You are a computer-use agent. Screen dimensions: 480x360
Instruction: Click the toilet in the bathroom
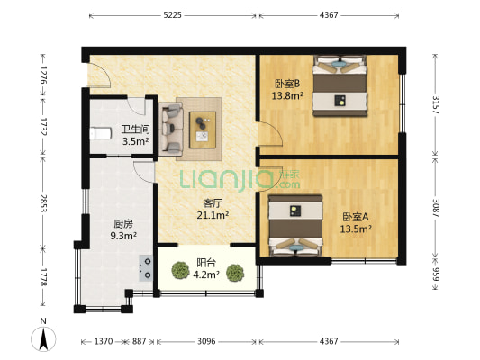100,134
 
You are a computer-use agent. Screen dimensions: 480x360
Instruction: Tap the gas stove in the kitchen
146,268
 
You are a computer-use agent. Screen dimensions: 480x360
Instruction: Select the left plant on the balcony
180,270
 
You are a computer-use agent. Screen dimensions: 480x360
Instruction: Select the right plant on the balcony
235,273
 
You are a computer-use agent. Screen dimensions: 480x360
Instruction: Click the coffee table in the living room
203,130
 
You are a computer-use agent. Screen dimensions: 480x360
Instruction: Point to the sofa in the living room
171,130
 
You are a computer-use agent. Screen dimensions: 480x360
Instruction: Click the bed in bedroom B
340,85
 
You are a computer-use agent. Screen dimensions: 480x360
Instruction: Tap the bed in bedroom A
295,225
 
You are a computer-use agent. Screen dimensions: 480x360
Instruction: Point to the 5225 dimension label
172,15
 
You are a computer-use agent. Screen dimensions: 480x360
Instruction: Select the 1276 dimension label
43,76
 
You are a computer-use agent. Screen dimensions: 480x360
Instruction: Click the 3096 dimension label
206,341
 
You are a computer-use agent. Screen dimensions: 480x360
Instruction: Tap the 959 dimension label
436,274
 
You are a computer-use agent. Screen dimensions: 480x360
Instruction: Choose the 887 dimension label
139,341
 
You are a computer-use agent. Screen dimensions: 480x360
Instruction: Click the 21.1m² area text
213,215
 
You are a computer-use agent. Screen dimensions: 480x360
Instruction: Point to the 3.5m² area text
136,141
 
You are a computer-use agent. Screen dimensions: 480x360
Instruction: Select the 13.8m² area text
287,96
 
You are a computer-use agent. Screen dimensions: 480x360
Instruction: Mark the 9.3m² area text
123,236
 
